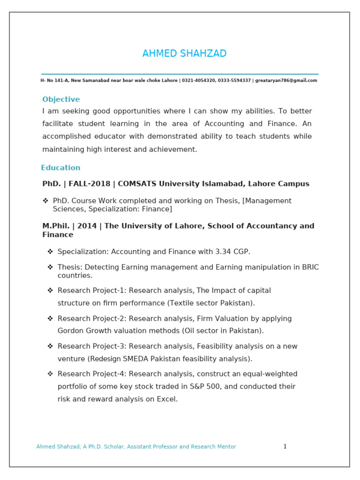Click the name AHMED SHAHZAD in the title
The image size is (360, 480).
click(184, 54)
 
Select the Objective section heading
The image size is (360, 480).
click(61, 99)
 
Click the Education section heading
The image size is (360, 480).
click(60, 168)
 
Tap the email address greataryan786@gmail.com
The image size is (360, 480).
click(286, 81)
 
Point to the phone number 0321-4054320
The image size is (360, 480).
click(198, 81)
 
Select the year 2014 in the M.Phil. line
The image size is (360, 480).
click(87, 226)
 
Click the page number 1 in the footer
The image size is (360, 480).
click(285, 447)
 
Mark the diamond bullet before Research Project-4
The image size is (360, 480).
click(50, 374)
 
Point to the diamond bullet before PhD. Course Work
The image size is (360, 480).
click(45, 201)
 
